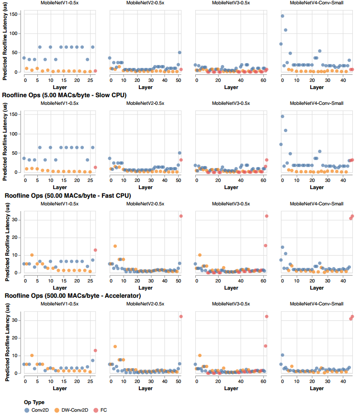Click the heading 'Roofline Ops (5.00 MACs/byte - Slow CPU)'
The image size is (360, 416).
pos(64,95)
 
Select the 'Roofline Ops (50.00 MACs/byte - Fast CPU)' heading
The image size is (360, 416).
pos(68,196)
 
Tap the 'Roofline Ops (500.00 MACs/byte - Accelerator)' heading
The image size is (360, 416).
pos(73,296)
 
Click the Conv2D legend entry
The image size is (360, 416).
pos(40,410)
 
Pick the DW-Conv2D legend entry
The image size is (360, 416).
pos(71,410)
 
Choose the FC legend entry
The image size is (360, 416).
pos(101,410)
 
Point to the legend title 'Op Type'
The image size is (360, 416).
pos(34,402)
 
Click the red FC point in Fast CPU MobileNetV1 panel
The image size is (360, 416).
pos(95,250)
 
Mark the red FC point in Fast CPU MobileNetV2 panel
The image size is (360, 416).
pos(181,216)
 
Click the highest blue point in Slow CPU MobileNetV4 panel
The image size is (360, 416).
pos(282,116)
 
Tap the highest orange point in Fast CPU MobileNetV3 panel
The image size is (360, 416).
pos(200,255)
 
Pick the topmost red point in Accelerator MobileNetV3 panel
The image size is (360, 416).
pos(267,316)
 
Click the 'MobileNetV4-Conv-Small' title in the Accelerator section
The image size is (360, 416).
pos(317,304)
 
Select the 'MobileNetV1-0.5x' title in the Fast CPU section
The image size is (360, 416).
pos(60,203)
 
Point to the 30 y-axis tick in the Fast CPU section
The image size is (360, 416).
pos(17,219)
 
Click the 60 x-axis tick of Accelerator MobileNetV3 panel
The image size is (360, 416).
pos(263,382)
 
